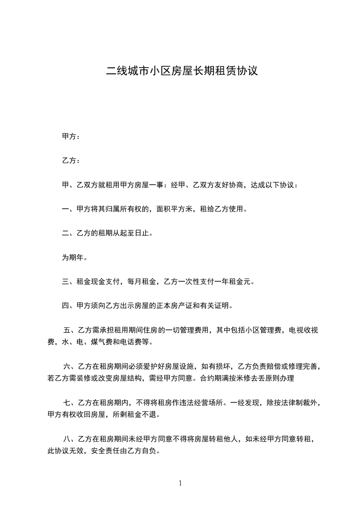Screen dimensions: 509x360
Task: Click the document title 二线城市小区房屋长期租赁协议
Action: [182, 71]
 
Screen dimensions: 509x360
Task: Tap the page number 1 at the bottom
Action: [180, 483]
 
